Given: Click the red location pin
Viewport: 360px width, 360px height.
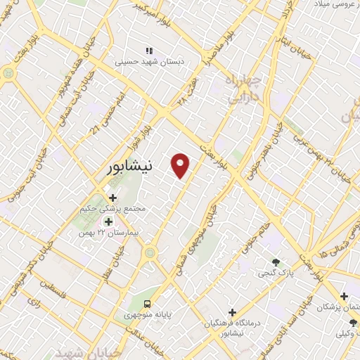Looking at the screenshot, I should (181, 165).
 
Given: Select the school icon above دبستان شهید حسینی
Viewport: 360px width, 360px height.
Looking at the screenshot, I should (149, 51).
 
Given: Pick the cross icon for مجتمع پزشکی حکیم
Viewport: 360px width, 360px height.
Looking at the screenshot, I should (112, 198).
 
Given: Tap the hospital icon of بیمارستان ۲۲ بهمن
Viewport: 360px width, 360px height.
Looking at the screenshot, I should (108, 221).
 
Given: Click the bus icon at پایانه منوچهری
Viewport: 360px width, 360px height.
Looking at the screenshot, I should (148, 304).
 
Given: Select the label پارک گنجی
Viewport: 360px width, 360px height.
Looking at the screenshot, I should (271, 272).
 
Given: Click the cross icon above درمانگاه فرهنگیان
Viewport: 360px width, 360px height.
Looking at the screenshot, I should (233, 311).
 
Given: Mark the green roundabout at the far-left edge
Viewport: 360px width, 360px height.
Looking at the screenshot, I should (8, 72).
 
